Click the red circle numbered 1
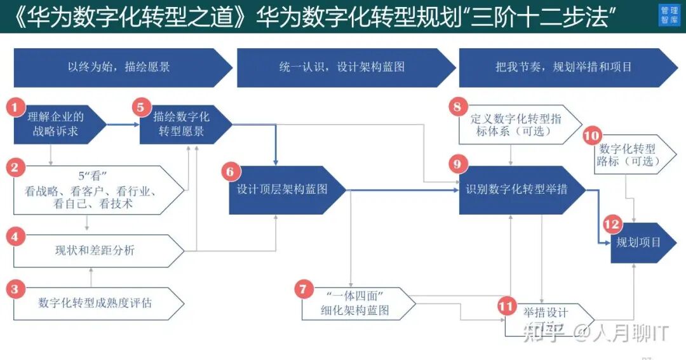coord(15,107)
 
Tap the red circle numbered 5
coord(140,107)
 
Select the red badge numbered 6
coord(231,171)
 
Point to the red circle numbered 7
coord(303,290)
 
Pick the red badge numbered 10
coord(591,136)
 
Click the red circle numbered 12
coord(612,225)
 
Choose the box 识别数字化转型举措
coord(518,189)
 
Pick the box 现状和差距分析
coord(95,251)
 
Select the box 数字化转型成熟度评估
coord(95,303)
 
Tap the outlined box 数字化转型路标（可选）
coord(629,156)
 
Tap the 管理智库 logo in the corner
coord(669,16)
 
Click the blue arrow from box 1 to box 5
coord(123,124)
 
